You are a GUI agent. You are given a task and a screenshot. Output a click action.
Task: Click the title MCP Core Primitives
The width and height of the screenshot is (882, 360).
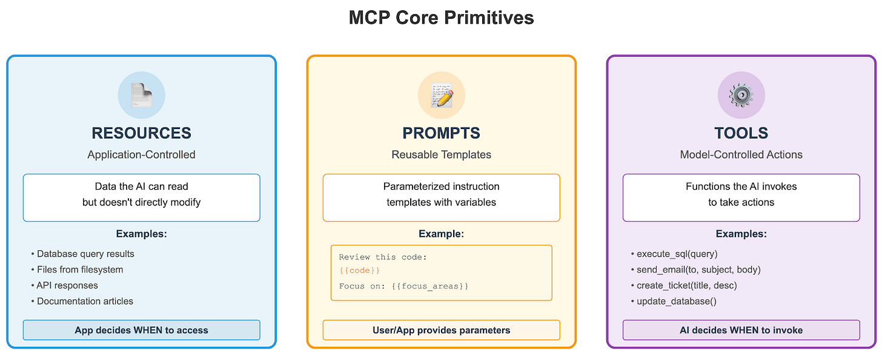click(x=441, y=18)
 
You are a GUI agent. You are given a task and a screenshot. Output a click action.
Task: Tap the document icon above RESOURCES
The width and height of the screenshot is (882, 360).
click(x=141, y=95)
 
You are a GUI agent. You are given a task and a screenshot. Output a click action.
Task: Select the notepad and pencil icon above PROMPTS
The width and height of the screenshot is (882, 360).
click(x=441, y=95)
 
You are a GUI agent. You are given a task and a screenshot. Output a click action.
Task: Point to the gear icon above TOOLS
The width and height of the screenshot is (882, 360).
click(x=741, y=95)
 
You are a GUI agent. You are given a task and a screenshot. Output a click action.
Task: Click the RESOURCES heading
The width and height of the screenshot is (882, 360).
click(x=141, y=133)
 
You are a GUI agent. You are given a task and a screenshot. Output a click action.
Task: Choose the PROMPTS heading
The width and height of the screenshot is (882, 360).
click(x=441, y=133)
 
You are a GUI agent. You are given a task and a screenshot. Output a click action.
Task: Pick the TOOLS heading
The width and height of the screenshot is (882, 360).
click(x=741, y=133)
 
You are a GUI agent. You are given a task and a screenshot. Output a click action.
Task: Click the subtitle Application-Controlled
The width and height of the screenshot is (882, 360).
click(x=141, y=155)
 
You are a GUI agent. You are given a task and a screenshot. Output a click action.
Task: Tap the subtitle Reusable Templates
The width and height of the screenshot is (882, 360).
click(x=441, y=155)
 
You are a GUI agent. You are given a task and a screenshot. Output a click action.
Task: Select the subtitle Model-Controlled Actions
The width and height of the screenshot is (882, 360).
click(x=741, y=155)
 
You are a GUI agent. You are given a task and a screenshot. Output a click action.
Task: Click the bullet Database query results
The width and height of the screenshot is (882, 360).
click(x=85, y=254)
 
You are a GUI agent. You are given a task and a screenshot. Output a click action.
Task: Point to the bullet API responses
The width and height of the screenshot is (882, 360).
click(x=67, y=285)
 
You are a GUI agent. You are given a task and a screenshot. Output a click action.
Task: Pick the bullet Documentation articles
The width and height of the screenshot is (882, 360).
click(x=85, y=301)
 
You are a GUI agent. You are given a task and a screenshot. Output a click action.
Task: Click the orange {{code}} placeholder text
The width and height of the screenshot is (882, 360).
click(x=359, y=270)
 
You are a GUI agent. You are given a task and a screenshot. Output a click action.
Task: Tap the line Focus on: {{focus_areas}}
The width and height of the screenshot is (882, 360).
click(x=403, y=285)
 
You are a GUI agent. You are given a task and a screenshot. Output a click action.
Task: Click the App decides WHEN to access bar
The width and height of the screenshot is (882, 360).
click(x=141, y=330)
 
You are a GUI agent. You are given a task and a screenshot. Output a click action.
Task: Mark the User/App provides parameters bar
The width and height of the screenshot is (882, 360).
click(x=441, y=330)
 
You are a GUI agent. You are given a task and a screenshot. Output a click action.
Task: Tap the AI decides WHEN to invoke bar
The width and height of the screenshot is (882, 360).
click(x=741, y=330)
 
